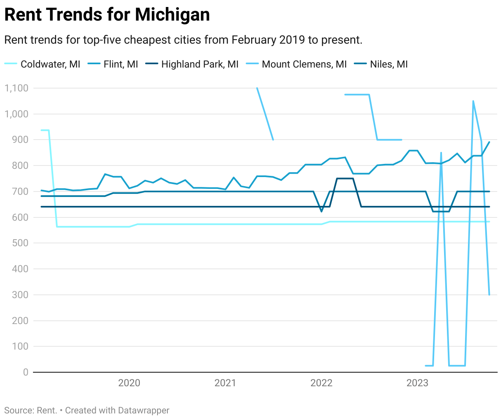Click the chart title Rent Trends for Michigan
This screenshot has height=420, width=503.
pyautogui.click(x=107, y=15)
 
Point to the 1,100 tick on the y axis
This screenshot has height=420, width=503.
pyautogui.click(x=16, y=88)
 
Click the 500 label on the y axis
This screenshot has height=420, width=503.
pyautogui.click(x=20, y=243)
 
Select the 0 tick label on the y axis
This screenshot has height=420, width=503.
pyautogui.click(x=26, y=372)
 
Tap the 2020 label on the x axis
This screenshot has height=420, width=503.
pyautogui.click(x=129, y=383)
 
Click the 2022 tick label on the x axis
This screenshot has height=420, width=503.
pyautogui.click(x=321, y=383)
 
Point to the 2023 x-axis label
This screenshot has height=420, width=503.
pyautogui.click(x=417, y=383)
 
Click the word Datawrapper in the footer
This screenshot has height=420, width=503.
pyautogui.click(x=143, y=411)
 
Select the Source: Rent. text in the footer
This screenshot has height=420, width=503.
pyautogui.click(x=31, y=411)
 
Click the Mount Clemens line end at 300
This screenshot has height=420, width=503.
pyautogui.click(x=489, y=294)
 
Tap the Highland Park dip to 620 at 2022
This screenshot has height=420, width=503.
pyautogui.click(x=322, y=212)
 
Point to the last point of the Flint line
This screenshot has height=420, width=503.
pyautogui.click(x=489, y=142)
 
